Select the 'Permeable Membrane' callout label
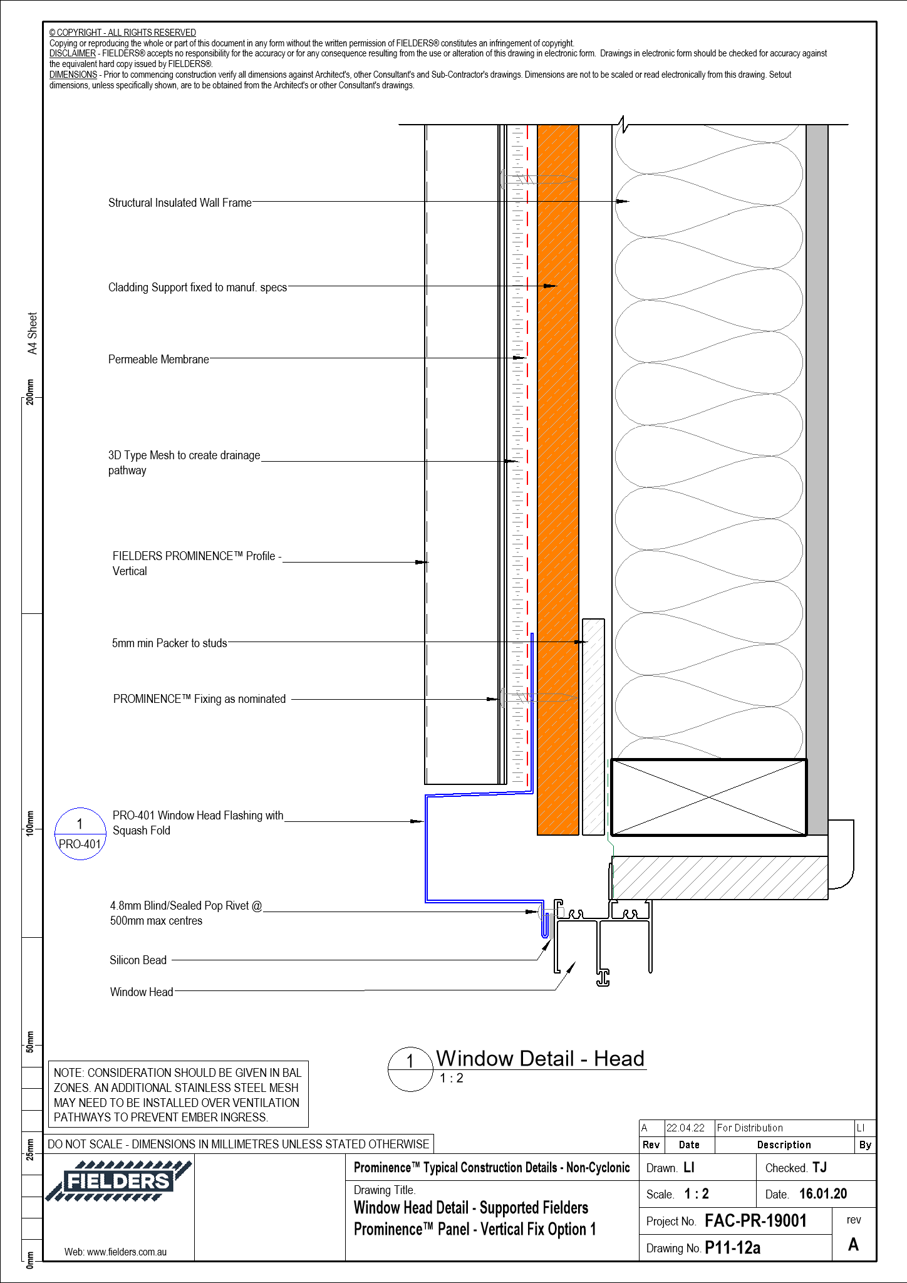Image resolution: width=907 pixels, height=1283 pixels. (x=158, y=360)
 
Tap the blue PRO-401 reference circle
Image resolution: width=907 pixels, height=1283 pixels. (x=80, y=834)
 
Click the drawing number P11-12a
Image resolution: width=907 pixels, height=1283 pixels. (x=732, y=1248)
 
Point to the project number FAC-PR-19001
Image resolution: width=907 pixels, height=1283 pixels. (x=755, y=1220)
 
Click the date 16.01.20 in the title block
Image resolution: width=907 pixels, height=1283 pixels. (x=822, y=1193)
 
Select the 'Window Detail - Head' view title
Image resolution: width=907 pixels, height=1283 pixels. (x=540, y=1058)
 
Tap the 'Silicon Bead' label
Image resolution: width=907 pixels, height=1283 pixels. (x=138, y=960)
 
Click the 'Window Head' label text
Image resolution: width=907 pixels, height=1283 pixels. (x=142, y=992)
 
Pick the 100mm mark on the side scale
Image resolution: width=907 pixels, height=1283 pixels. (x=29, y=822)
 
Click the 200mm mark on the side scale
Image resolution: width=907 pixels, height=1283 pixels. (x=29, y=392)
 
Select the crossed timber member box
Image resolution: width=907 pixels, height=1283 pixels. (x=708, y=797)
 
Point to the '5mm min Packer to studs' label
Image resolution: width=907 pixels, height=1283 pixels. (x=169, y=643)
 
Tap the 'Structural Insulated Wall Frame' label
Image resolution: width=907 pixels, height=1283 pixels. (x=180, y=203)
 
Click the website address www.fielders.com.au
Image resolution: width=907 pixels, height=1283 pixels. (x=116, y=1252)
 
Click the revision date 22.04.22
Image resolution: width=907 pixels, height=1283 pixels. (x=685, y=1128)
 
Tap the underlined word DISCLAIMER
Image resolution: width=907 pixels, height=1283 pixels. (x=73, y=54)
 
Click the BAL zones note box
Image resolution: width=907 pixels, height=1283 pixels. (x=178, y=1094)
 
